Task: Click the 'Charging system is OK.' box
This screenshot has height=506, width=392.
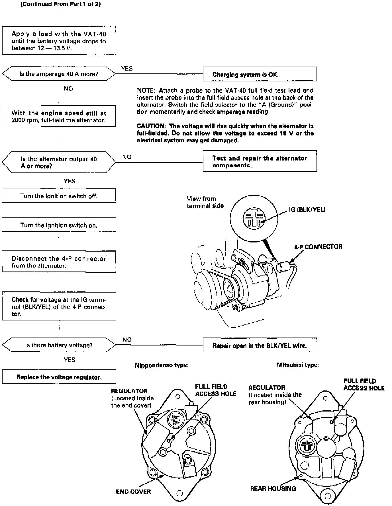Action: tap(260, 74)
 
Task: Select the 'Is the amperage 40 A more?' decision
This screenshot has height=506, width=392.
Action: tap(59, 74)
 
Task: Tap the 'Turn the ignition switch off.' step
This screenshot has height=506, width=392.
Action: tap(59, 196)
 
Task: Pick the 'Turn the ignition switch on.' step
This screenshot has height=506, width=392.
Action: tap(59, 225)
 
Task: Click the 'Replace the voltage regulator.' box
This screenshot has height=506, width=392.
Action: tap(59, 377)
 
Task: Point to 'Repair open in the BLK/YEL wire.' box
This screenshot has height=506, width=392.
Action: tap(260, 345)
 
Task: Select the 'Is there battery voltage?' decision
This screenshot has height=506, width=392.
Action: tap(59, 345)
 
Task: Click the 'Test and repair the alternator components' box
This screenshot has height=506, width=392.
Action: tap(260, 161)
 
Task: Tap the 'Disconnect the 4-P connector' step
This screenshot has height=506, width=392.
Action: tap(59, 262)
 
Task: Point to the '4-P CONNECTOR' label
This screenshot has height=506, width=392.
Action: tap(318, 246)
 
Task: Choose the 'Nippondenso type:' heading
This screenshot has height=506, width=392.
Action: tap(162, 365)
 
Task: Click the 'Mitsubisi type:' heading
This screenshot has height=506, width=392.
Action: tap(298, 365)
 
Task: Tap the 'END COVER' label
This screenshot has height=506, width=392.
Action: tap(133, 491)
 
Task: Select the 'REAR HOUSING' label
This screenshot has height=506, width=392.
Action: tap(273, 488)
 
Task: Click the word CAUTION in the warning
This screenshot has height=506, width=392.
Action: tap(150, 126)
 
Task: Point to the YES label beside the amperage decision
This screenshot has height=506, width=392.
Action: tap(127, 68)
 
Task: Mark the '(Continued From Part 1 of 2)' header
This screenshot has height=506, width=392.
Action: tap(61, 4)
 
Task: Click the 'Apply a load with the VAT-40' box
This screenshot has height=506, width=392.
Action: tap(59, 41)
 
